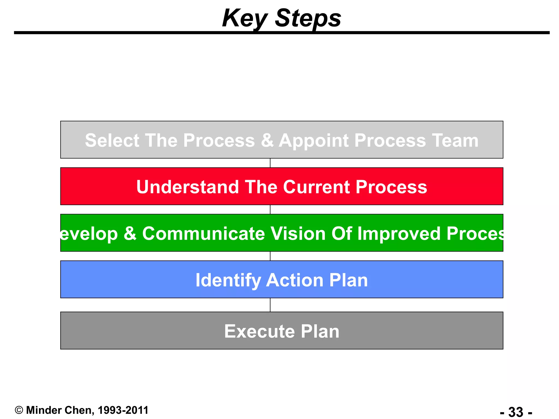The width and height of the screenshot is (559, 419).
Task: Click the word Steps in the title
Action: (308, 19)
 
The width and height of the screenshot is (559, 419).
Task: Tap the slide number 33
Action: (516, 412)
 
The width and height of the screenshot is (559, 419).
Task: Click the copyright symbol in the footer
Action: (19, 410)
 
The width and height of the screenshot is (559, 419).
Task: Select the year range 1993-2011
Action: (123, 410)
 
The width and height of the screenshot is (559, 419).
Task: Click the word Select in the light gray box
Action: (112, 140)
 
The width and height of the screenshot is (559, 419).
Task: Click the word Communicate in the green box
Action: (203, 234)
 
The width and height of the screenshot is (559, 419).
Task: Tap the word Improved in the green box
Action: (399, 234)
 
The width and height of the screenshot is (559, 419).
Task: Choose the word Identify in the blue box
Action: (228, 280)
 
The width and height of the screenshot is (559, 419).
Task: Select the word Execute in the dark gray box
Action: (259, 331)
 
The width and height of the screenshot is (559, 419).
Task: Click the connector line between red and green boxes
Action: (270, 209)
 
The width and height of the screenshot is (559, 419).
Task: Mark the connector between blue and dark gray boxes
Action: (270, 305)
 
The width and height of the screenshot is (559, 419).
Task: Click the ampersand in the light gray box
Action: (267, 140)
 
